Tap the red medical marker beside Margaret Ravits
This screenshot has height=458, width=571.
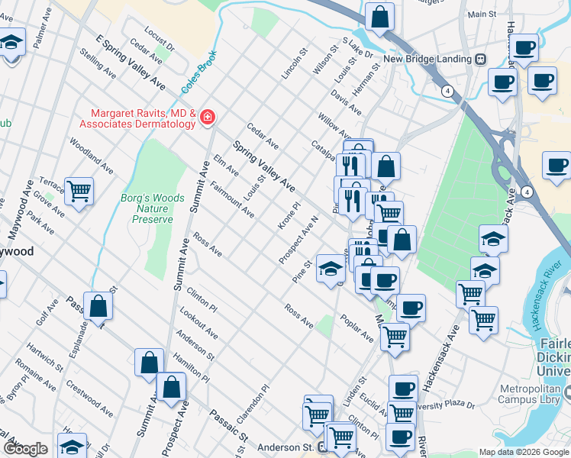click(x=208, y=117)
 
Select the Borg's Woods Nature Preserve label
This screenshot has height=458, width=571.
click(x=153, y=208)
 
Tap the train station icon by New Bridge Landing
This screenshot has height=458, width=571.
click(x=481, y=59)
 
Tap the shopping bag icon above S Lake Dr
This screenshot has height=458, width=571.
click(x=379, y=15)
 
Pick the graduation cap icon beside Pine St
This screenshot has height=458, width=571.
click(x=331, y=268)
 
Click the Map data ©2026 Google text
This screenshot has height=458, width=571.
click(x=523, y=452)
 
